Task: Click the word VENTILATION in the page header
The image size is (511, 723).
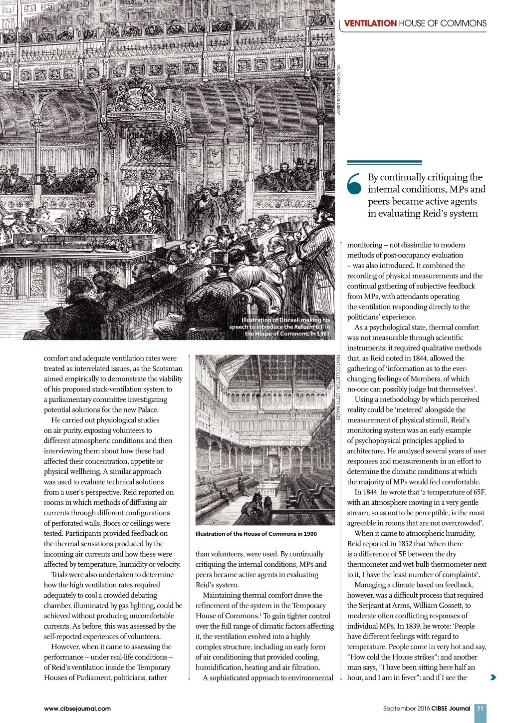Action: pyautogui.click(x=370, y=23)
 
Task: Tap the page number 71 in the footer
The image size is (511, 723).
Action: pyautogui.click(x=480, y=708)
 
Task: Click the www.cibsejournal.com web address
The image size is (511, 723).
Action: pyautogui.click(x=77, y=708)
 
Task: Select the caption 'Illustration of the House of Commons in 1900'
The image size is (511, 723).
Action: pyautogui.click(x=256, y=534)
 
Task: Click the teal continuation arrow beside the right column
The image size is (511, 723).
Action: pyautogui.click(x=493, y=678)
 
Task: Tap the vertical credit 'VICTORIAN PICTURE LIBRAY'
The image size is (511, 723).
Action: pyautogui.click(x=338, y=90)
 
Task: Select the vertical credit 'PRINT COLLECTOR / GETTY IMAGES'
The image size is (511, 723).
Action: pyautogui.click(x=338, y=387)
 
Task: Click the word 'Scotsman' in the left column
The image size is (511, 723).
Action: pyautogui.click(x=168, y=368)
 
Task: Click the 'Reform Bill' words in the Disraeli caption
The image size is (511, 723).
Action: pyautogui.click(x=308, y=327)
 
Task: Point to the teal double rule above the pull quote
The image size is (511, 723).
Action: pyautogui.click(x=384, y=162)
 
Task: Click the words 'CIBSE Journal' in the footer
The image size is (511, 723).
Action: pyautogui.click(x=451, y=708)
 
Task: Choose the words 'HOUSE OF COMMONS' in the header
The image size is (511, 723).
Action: pyautogui.click(x=443, y=23)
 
